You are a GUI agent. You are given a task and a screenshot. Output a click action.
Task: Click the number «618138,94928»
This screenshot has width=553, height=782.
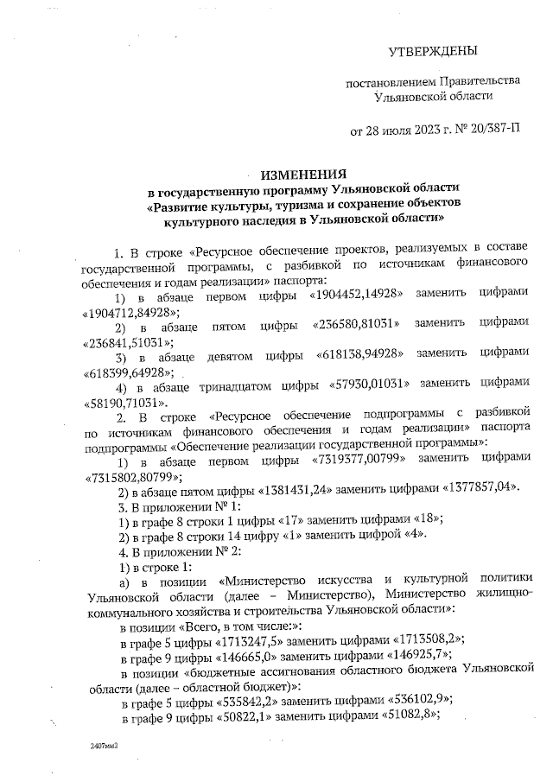tap(356, 354)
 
